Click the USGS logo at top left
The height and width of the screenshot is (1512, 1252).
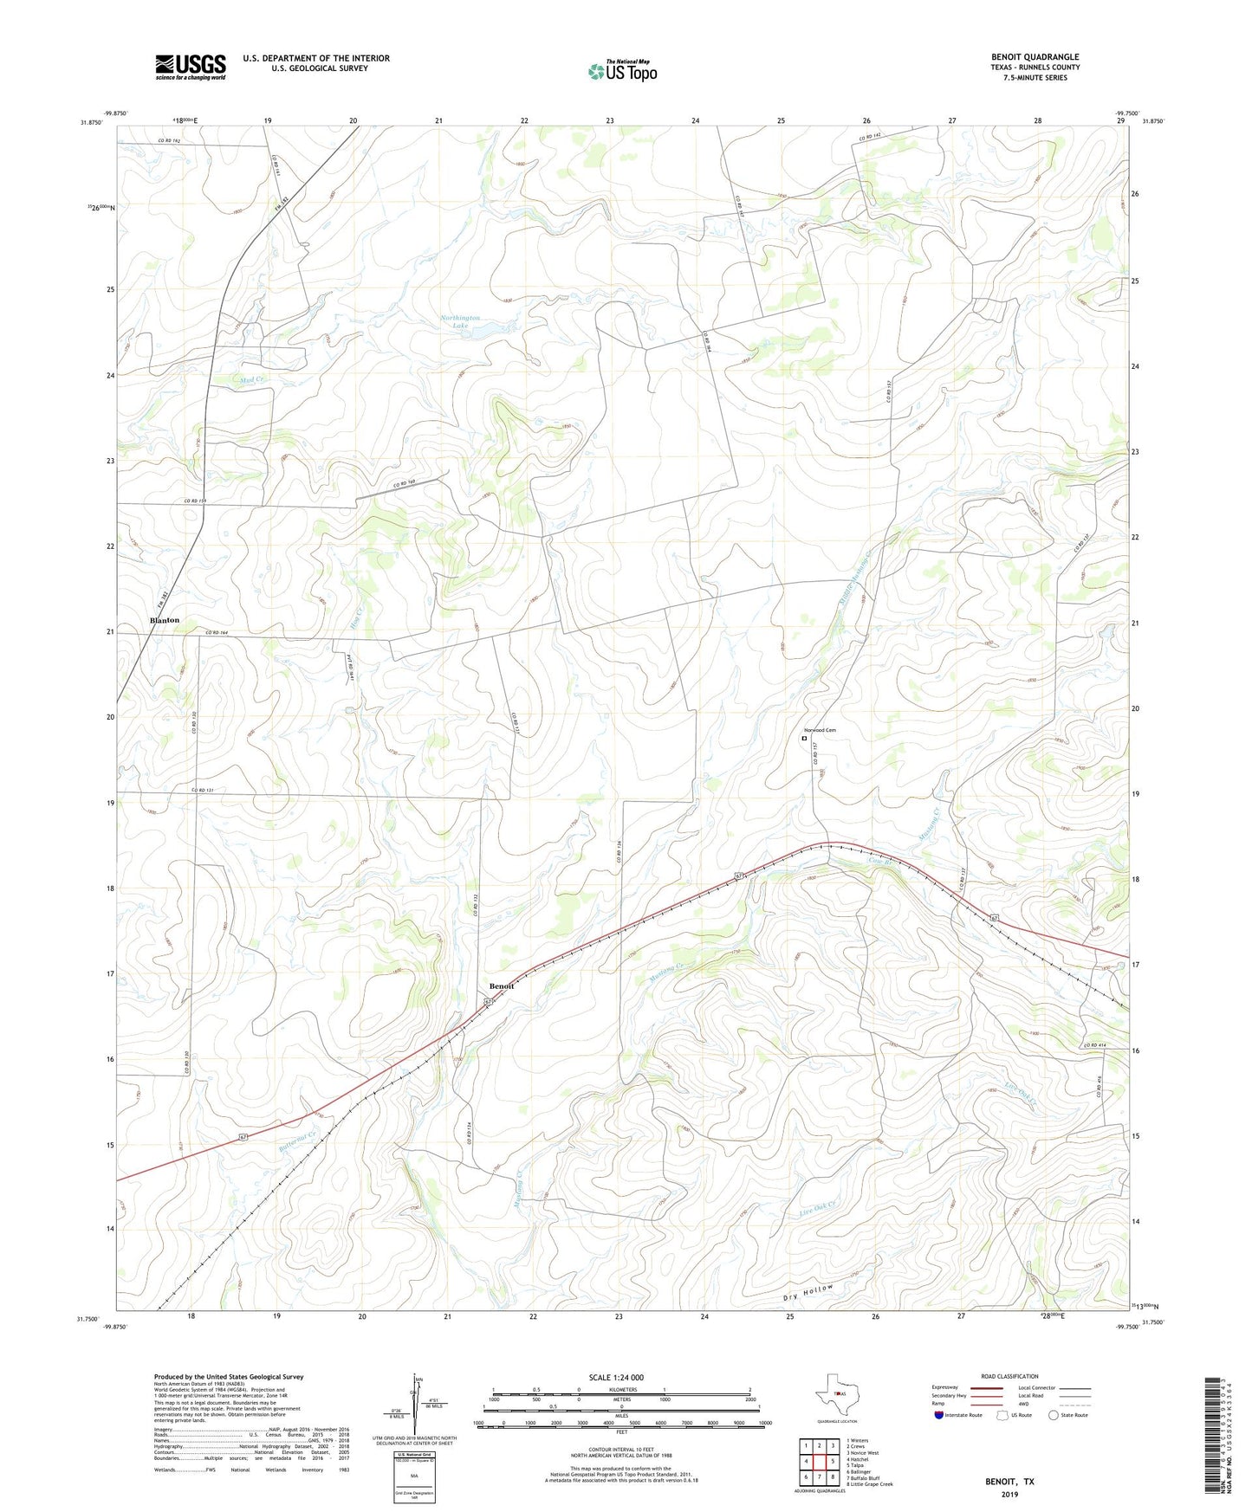[191, 67]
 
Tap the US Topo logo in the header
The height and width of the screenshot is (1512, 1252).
[622, 71]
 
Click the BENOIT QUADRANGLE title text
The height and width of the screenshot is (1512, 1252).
[1035, 57]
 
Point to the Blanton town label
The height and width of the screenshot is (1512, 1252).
[165, 620]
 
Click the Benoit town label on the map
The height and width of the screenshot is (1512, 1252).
[502, 986]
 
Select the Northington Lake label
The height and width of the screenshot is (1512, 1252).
[460, 321]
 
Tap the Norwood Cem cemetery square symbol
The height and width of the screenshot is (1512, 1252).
[804, 740]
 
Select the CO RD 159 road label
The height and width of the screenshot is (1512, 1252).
[196, 501]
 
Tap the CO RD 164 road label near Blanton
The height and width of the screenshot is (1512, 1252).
[217, 633]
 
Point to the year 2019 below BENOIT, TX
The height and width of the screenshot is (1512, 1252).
[1009, 1494]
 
